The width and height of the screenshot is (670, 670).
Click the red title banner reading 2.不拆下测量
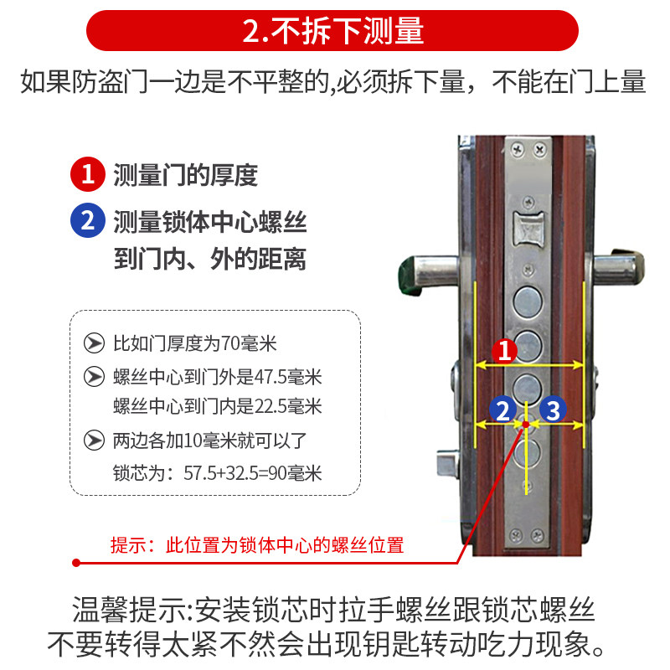point(332,31)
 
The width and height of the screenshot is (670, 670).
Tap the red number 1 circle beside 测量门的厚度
point(88,174)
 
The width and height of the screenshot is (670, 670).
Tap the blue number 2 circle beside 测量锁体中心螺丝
point(88,220)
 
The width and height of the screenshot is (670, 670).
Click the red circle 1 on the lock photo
point(505,351)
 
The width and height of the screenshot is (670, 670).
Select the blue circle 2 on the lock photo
point(503,410)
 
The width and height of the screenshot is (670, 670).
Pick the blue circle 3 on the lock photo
point(553,410)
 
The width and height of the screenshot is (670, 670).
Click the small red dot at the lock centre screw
point(526,424)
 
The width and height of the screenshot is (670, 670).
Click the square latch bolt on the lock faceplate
point(528,229)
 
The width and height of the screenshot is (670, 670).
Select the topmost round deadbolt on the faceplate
point(528,301)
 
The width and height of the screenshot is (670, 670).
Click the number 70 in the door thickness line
point(231,343)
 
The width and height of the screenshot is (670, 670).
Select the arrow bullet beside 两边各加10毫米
point(94,441)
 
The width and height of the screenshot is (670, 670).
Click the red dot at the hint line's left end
point(76,563)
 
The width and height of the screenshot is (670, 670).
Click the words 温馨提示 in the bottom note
point(130,610)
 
